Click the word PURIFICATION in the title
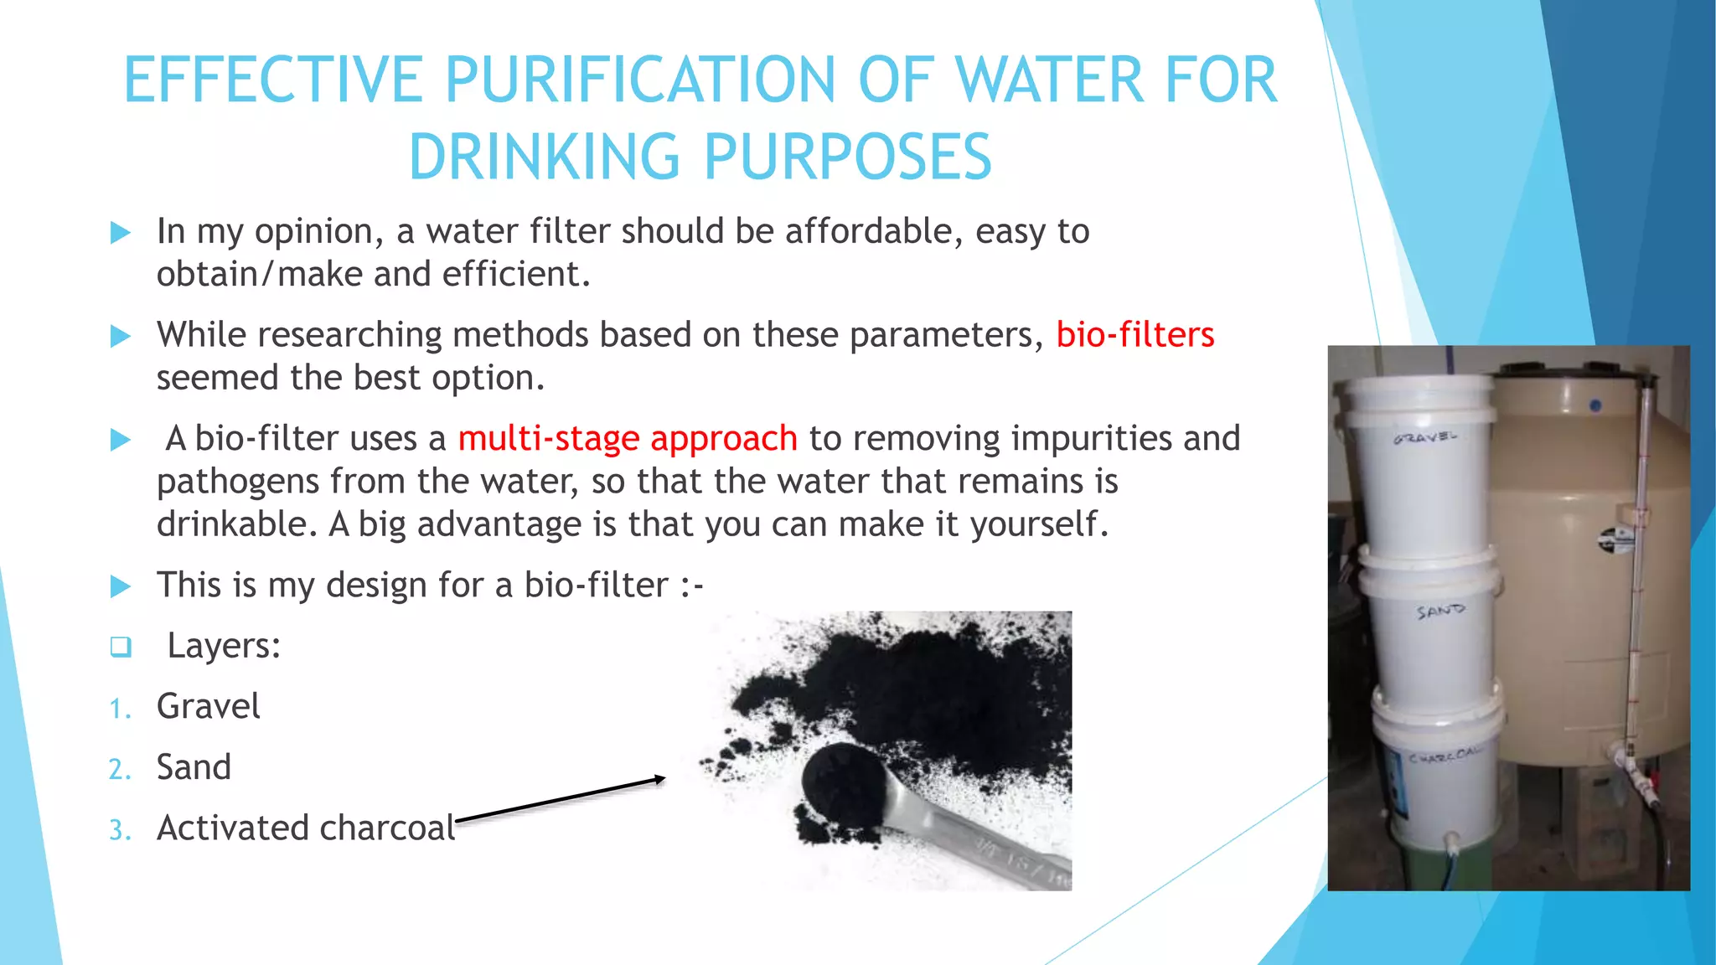[639, 80]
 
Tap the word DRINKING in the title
[544, 157]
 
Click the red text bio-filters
[1135, 335]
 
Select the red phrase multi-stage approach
[627, 439]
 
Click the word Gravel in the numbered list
[208, 707]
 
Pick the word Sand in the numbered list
[194, 767]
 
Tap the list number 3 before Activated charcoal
[120, 830]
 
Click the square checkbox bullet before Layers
[121, 647]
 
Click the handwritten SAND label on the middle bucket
[1440, 612]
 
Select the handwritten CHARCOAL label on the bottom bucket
[1443, 756]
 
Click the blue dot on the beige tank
[1595, 405]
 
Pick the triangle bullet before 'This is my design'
[121, 586]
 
